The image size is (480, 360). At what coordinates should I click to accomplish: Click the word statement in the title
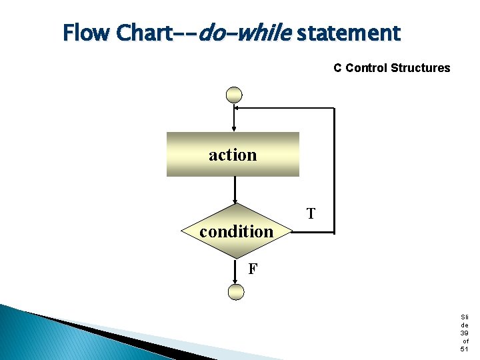coord(348,33)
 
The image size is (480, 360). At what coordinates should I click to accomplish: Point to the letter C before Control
coord(337,68)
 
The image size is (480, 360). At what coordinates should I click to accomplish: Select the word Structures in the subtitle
coord(421,68)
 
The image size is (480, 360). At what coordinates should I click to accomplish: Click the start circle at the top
coord(234,95)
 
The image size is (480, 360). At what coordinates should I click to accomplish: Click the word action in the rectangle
coord(232,155)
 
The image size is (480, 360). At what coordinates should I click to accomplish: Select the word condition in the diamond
coord(236,231)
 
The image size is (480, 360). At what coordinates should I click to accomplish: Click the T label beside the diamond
coord(311,214)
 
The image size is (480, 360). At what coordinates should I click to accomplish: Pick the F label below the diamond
coord(253,269)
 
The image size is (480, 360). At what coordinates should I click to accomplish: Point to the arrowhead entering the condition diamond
coord(235,201)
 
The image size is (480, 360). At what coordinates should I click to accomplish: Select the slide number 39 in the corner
coord(464,333)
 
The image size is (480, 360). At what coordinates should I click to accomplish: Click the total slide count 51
coord(464,349)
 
